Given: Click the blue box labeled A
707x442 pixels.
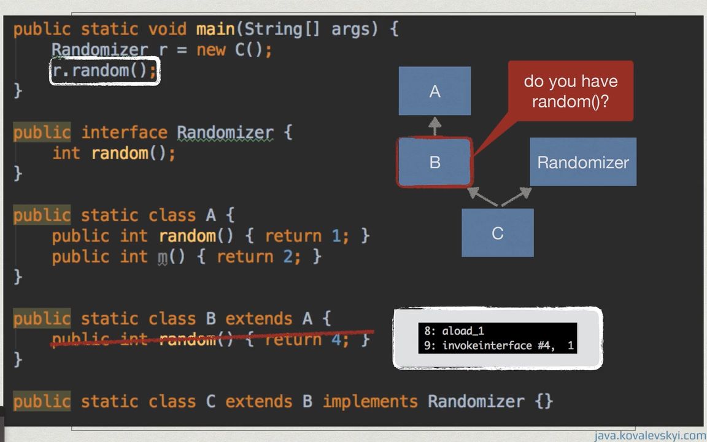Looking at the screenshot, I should tap(435, 91).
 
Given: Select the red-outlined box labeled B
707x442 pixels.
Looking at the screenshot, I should tap(435, 163).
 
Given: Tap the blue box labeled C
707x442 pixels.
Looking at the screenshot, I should tap(497, 233).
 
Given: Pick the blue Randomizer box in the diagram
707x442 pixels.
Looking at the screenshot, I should tap(582, 162).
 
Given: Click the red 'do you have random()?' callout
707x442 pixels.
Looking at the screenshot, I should tap(570, 91).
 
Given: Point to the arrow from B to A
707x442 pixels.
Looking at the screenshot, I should tap(435, 126).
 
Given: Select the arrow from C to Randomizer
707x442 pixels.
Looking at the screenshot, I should tap(517, 197).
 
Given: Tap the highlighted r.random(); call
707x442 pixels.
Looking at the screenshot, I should tap(104, 71).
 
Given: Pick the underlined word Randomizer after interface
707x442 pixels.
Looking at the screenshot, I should tap(225, 133).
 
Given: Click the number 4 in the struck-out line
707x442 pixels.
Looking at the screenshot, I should tap(336, 339).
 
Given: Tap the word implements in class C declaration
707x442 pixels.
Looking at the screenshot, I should tap(369, 401).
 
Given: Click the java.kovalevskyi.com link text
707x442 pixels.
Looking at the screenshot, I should tap(649, 436).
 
